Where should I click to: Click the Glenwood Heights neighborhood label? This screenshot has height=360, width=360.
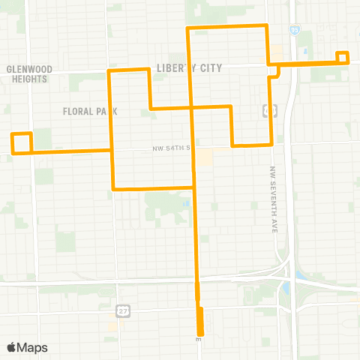pyautogui.click(x=29, y=73)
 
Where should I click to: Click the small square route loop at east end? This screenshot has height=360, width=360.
pyautogui.click(x=343, y=57)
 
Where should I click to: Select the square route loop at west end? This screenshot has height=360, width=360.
pyautogui.click(x=21, y=142)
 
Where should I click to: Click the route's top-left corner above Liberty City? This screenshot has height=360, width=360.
pyautogui.click(x=187, y=28)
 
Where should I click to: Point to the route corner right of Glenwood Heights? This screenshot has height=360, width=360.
pyautogui.click(x=111, y=71)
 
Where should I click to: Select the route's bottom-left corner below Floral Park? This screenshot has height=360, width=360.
pyautogui.click(x=112, y=188)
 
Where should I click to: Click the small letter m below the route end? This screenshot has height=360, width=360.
pyautogui.click(x=199, y=340)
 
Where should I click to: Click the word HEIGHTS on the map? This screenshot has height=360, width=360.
pyautogui.click(x=29, y=78)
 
